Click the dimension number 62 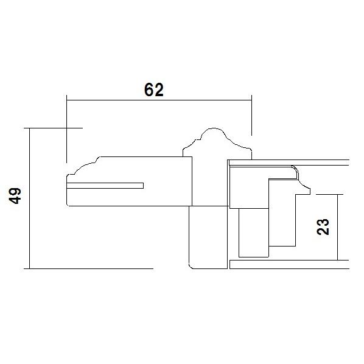[x=154, y=90]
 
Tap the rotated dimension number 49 [x=16, y=196]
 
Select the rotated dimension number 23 [x=323, y=227]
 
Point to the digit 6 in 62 [x=149, y=90]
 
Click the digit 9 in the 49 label [x=16, y=192]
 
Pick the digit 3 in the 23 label [x=323, y=222]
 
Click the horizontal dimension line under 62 [x=159, y=100]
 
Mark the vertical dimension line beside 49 [x=30, y=198]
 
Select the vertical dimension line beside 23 [x=337, y=227]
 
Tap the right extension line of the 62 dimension [x=251, y=115]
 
